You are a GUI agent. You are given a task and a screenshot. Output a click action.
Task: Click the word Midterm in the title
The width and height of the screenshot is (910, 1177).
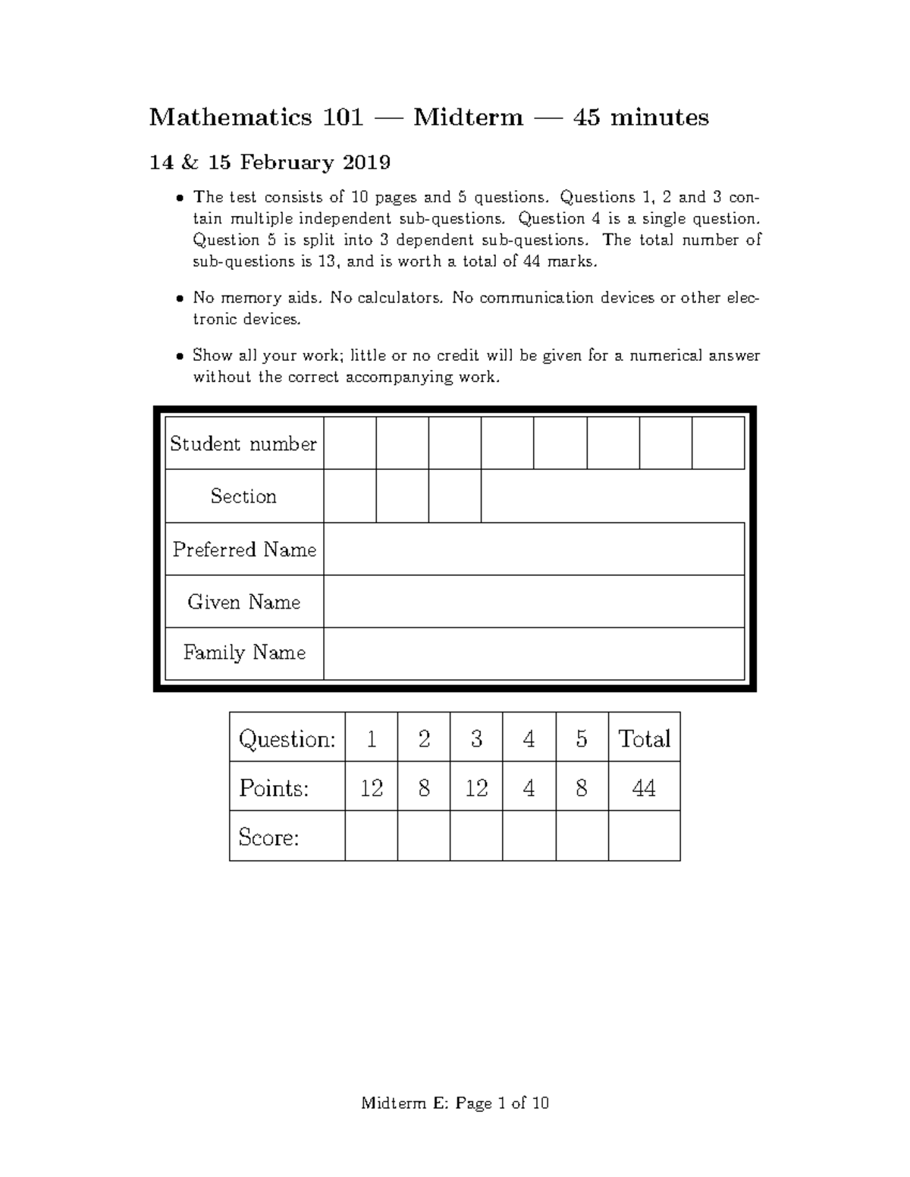point(468,117)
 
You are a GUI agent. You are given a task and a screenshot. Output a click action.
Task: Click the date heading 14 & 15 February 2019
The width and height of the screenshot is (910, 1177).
point(270,162)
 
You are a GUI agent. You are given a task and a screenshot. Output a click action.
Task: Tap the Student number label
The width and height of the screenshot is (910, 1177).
point(243,443)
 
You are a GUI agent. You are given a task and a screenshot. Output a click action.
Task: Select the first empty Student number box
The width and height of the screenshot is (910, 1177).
point(350,443)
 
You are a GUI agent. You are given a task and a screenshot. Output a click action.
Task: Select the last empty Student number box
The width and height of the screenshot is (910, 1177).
point(717,443)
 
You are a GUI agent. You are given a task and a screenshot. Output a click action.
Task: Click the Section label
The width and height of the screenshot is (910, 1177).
point(243,496)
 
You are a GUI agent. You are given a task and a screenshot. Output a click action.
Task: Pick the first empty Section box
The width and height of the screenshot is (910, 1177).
point(350,496)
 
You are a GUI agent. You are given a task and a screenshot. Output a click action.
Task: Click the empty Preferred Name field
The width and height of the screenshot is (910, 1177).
point(534,549)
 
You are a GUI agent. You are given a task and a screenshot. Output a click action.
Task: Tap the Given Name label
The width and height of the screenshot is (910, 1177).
point(243,602)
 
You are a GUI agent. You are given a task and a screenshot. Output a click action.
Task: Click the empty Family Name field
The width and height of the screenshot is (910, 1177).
point(534,653)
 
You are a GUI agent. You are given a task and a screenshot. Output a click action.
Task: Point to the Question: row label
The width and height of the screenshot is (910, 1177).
point(287,738)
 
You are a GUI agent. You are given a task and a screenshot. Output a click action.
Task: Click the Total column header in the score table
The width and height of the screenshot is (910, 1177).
point(644,738)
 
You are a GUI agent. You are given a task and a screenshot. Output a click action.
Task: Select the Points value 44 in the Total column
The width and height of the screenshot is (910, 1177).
point(644,788)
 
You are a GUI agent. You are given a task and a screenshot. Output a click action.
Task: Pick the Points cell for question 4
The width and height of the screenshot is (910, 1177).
point(529,788)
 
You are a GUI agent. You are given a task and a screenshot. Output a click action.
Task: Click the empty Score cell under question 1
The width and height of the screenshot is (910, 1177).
point(371,837)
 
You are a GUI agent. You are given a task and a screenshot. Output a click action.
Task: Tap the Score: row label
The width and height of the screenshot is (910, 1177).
point(268,837)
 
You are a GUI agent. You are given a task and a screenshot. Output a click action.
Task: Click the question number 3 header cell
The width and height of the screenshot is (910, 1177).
point(476,738)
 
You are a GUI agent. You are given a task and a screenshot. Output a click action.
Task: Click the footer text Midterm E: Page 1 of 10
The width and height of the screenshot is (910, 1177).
point(455,1103)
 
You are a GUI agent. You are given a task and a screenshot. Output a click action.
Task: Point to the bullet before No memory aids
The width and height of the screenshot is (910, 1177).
point(179,299)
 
